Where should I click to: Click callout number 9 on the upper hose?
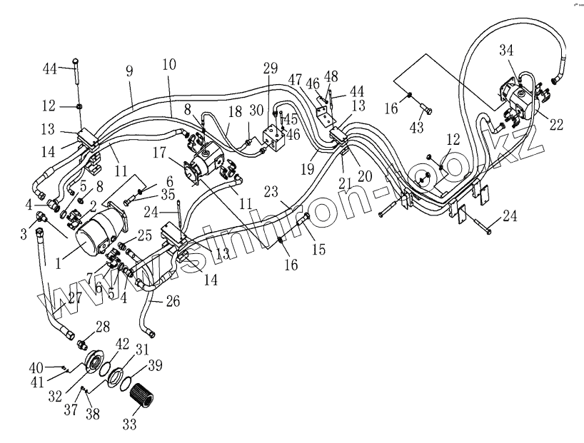(x=129, y=73)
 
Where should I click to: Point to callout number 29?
(x=270, y=68)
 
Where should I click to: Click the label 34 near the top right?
(x=505, y=50)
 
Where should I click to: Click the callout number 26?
(x=172, y=302)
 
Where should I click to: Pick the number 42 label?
(x=122, y=343)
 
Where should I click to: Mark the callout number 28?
(x=102, y=327)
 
